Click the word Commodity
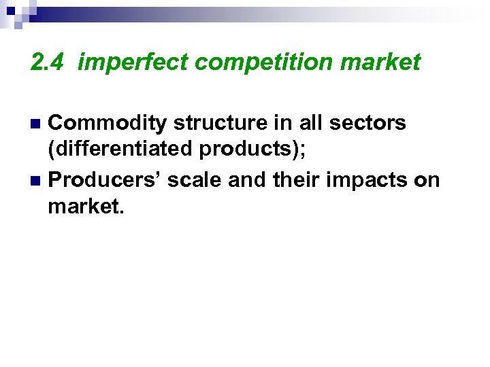(109, 123)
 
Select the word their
(295, 180)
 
